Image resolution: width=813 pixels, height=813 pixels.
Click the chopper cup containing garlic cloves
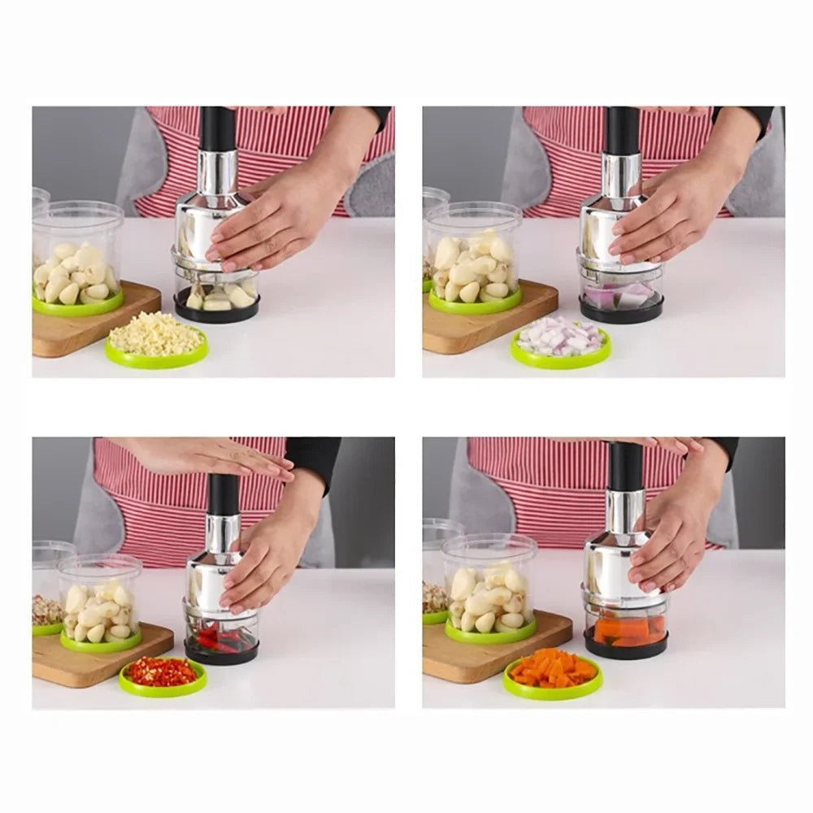216,297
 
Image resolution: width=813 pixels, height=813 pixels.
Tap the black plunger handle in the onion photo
623,130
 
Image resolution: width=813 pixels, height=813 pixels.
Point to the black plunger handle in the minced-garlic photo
218,130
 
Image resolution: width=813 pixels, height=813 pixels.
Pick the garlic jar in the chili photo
100,606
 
